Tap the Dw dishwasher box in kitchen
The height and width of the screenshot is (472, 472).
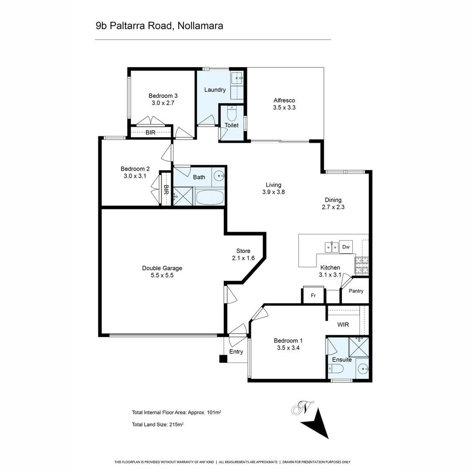(x=346, y=247)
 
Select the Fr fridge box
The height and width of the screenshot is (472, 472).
(x=313, y=295)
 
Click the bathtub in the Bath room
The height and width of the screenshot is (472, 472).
(x=210, y=197)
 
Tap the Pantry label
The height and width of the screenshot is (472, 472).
(x=356, y=291)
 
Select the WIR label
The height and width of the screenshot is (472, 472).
(x=343, y=325)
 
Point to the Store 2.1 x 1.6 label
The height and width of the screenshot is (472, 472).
(x=243, y=254)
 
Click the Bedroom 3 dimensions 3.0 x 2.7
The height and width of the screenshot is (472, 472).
(x=163, y=103)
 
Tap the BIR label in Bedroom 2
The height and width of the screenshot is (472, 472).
(x=166, y=190)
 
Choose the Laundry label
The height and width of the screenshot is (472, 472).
(x=215, y=90)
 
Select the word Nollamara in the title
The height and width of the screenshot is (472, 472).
(x=201, y=26)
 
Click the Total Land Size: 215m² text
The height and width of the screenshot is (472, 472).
(x=158, y=424)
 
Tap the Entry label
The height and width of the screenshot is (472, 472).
(x=236, y=352)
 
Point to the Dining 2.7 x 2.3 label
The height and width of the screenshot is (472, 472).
(x=333, y=204)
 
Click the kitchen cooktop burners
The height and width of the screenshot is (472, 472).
(x=361, y=265)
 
